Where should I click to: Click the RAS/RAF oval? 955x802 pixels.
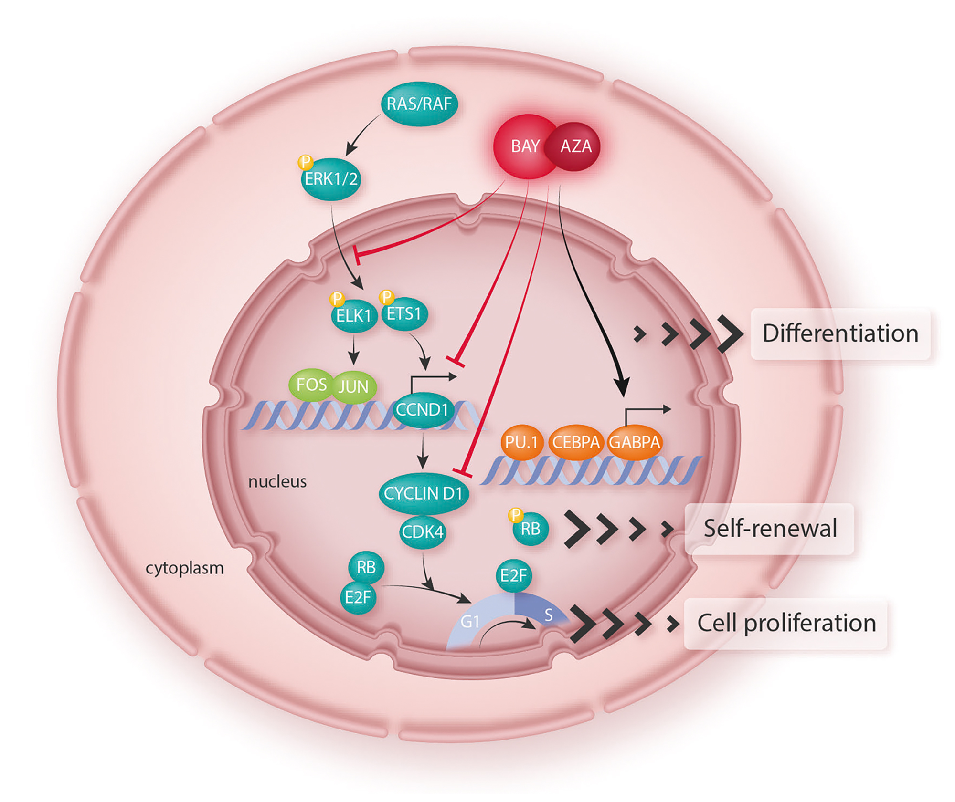coord(419,104)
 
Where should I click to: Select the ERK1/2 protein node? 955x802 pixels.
coord(331,179)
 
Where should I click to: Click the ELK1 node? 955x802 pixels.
coord(354,315)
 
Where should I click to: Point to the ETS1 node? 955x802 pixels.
coord(404,314)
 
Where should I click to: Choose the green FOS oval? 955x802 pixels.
coord(311,385)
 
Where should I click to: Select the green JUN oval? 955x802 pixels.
coord(354,386)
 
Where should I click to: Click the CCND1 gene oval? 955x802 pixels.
coord(422,410)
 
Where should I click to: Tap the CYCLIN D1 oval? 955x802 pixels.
coord(423,493)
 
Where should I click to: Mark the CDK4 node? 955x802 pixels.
coord(423,531)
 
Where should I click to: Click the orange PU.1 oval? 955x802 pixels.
coord(521,442)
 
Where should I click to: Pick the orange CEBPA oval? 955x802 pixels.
coord(576,442)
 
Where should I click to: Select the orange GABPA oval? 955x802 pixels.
coord(635,442)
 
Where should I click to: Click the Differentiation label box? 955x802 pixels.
coord(840,333)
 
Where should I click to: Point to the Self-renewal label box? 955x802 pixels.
coord(770,529)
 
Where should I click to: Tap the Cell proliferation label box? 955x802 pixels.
coord(786,623)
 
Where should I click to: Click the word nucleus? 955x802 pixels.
coord(277,481)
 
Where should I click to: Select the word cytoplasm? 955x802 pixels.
coord(185,568)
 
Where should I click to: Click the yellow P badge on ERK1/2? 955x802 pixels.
coord(305,162)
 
